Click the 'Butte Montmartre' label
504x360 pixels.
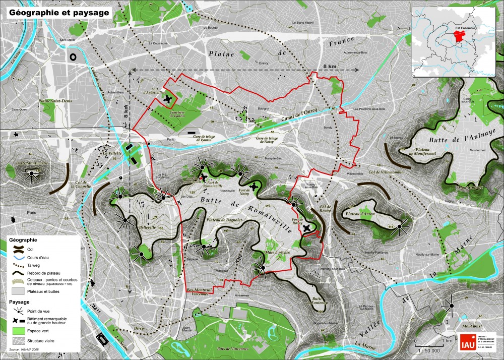pos(32,163)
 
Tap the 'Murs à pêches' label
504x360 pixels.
pos(277,253)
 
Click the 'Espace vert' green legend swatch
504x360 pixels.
pos(17,330)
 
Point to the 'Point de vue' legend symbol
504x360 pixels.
pos(17,311)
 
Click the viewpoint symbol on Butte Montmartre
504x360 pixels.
pos(32,174)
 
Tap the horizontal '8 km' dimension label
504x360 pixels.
pos(330,66)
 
